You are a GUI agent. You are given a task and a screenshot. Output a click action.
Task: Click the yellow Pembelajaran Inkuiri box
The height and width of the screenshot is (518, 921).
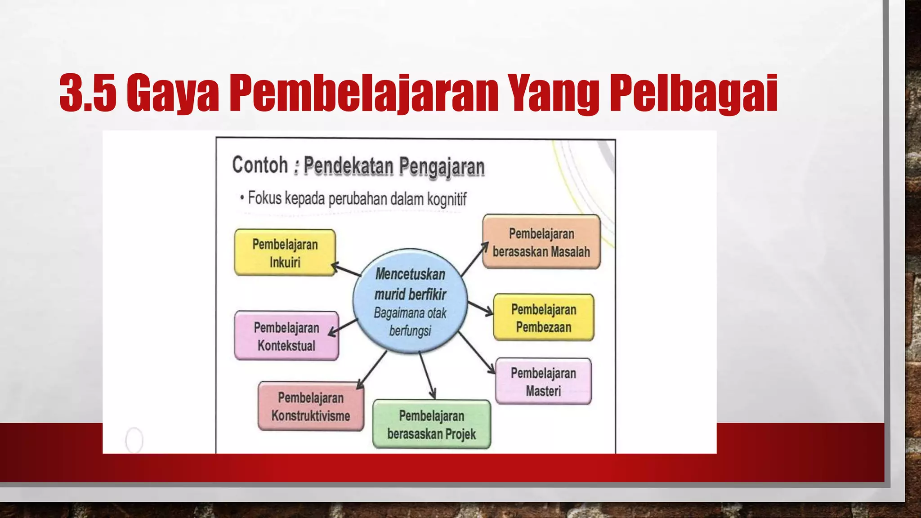click(x=285, y=253)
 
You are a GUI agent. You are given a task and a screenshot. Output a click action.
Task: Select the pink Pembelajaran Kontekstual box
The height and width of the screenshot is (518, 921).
click(x=286, y=336)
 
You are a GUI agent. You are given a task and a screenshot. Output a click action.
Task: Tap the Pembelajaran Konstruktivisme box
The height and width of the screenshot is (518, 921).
click(x=311, y=406)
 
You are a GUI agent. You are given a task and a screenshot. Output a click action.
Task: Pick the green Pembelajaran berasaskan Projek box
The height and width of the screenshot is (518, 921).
click(x=431, y=424)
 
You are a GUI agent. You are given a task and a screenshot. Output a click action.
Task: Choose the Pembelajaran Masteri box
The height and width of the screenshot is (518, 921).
click(x=543, y=381)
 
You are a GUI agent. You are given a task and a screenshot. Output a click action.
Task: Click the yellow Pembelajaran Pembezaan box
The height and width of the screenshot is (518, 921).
click(x=543, y=317)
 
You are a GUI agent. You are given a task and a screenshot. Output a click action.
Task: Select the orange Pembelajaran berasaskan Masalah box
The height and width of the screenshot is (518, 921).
click(x=541, y=242)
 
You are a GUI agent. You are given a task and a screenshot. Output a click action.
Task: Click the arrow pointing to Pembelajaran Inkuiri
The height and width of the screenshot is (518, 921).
click(x=346, y=269)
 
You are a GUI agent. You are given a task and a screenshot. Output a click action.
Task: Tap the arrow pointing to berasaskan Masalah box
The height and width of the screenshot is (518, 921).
click(x=474, y=259)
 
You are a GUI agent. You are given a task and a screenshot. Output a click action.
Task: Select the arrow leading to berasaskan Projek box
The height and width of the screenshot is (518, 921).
click(x=427, y=375)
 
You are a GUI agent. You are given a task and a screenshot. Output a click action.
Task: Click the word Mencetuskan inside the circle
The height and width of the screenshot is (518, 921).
click(x=410, y=274)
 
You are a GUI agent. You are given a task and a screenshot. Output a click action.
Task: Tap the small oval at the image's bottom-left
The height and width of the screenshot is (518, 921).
click(x=134, y=440)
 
